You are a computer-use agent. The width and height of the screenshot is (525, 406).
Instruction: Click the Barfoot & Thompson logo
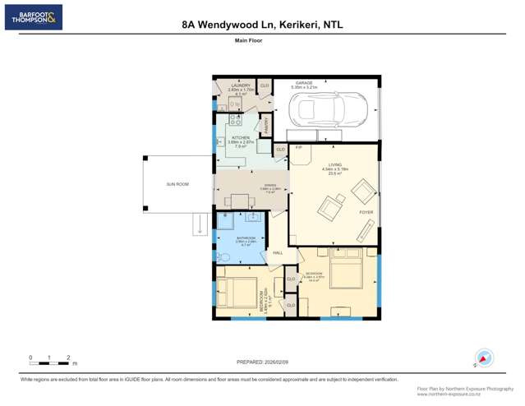tap(33, 17)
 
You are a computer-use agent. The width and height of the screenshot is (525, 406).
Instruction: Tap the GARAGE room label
tap(315, 83)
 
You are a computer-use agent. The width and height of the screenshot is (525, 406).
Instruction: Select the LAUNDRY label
tap(241, 85)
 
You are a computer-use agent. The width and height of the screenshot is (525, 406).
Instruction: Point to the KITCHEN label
tap(241, 138)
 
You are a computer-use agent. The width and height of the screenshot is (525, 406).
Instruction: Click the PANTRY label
tap(266, 124)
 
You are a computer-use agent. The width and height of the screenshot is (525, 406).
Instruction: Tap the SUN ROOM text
tap(177, 184)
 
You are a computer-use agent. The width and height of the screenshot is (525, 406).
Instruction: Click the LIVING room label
tap(334, 165)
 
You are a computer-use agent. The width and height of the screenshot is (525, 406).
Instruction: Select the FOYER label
tap(366, 212)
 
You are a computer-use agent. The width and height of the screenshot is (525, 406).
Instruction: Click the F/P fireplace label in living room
tap(299, 148)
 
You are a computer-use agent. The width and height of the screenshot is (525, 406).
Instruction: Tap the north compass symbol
tap(484, 358)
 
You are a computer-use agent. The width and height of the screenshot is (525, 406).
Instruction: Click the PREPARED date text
tap(262, 362)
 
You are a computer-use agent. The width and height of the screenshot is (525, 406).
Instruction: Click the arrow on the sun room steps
tap(198, 221)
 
